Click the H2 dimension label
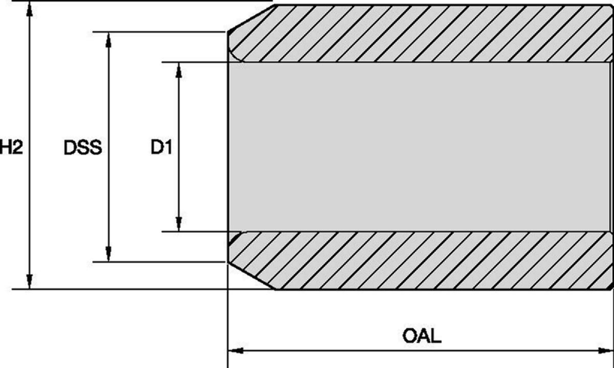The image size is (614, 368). (11, 147)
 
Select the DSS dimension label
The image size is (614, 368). (83, 147)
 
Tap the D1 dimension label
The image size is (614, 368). (161, 147)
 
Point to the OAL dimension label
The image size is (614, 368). (422, 336)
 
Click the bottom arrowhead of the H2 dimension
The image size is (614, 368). (30, 282)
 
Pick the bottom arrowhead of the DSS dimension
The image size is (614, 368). (108, 254)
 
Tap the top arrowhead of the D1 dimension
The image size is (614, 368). (179, 70)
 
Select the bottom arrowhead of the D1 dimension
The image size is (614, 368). (179, 224)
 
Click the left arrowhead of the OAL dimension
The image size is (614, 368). (236, 351)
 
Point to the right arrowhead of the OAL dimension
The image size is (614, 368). (605, 351)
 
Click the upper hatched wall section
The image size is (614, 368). (422, 33)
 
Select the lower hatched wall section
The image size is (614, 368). (422, 261)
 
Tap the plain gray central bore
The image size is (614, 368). (420, 147)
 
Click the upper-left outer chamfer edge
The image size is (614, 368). (251, 18)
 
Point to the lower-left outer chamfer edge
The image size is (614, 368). (251, 275)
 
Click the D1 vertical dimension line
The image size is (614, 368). (179, 147)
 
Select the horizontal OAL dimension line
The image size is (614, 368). (421, 351)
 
